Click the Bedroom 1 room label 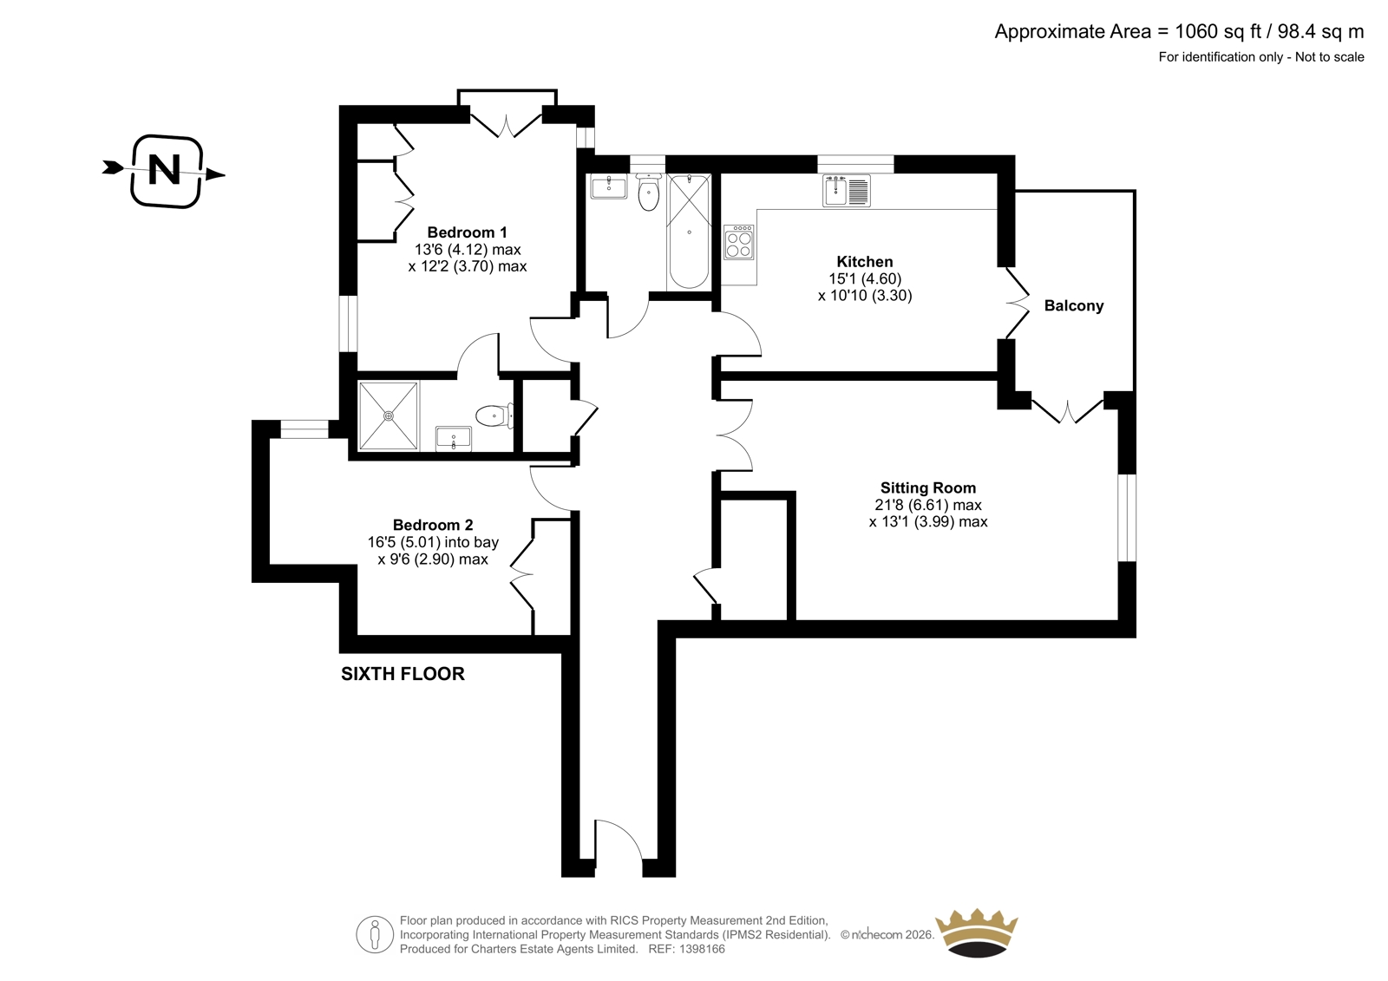point(468,232)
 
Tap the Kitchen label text point(864,262)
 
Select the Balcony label point(1074,305)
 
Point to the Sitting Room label point(927,487)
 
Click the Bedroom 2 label point(433,525)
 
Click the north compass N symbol point(166,170)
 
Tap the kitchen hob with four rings point(739,242)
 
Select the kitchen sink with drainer point(847,190)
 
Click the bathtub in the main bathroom point(689,232)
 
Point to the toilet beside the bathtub point(648,192)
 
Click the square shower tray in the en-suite point(389,415)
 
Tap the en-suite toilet point(494,415)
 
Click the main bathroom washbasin point(608,186)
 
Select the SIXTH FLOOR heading point(403,674)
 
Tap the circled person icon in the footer point(374,934)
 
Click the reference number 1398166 point(701,949)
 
